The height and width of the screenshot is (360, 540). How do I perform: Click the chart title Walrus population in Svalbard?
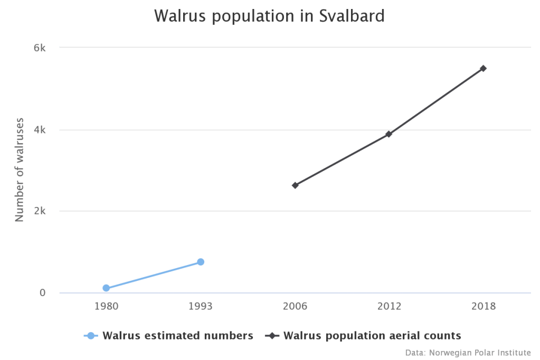pyautogui.click(x=270, y=16)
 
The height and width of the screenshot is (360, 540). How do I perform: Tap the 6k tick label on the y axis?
pyautogui.click(x=40, y=48)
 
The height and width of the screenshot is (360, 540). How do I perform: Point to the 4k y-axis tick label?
pyautogui.click(x=40, y=130)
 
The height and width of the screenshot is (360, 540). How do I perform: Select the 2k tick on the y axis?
pyautogui.click(x=40, y=211)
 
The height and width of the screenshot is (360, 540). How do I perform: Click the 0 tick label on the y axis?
pyautogui.click(x=43, y=293)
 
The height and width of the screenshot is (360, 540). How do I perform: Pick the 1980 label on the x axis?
pyautogui.click(x=106, y=306)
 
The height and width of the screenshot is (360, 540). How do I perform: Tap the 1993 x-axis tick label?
pyautogui.click(x=201, y=306)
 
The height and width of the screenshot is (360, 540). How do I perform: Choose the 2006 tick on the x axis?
pyautogui.click(x=295, y=306)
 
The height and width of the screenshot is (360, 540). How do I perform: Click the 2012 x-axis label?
pyautogui.click(x=389, y=306)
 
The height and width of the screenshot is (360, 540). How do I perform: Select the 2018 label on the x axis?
pyautogui.click(x=484, y=306)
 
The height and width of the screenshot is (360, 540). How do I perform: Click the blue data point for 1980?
pyautogui.click(x=106, y=288)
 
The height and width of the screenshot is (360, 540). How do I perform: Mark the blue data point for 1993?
pyautogui.click(x=201, y=262)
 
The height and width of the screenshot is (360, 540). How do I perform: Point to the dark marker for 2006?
pyautogui.click(x=295, y=185)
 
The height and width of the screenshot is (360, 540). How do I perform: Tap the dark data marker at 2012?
pyautogui.click(x=389, y=134)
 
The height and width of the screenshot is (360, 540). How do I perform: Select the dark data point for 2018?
pyautogui.click(x=484, y=68)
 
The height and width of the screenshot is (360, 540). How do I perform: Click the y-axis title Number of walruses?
pyautogui.click(x=20, y=169)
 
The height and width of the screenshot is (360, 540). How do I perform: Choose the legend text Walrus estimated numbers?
pyautogui.click(x=178, y=336)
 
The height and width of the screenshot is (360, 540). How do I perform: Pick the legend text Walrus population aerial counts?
pyautogui.click(x=372, y=336)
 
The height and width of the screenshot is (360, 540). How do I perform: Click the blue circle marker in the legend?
pyautogui.click(x=91, y=336)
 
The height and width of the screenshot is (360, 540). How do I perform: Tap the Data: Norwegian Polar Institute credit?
pyautogui.click(x=468, y=352)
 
